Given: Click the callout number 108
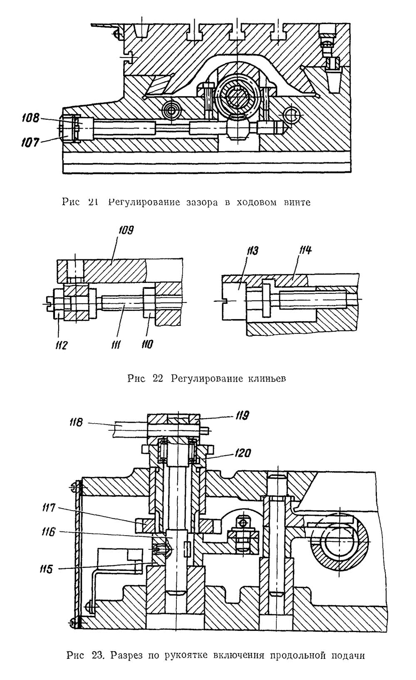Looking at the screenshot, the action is (x=31, y=118).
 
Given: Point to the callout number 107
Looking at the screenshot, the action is (x=30, y=142).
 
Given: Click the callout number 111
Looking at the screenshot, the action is (x=116, y=345).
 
